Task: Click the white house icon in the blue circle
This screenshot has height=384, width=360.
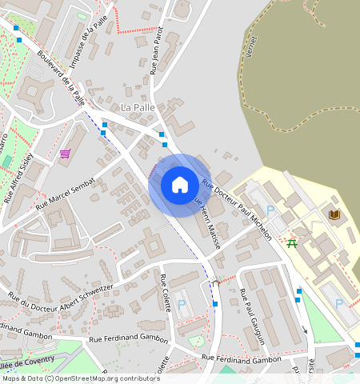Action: coord(180,185)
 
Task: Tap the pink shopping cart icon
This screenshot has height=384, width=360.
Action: coord(65,154)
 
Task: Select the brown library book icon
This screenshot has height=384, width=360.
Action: coord(334,214)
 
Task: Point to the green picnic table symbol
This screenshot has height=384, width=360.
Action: coord(292,242)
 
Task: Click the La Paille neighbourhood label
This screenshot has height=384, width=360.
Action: coord(136,106)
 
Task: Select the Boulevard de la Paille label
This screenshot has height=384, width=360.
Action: coord(61,78)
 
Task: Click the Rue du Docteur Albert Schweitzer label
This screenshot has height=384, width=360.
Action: coord(60,290)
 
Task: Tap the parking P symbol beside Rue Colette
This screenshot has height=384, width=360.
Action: coord(181,306)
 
